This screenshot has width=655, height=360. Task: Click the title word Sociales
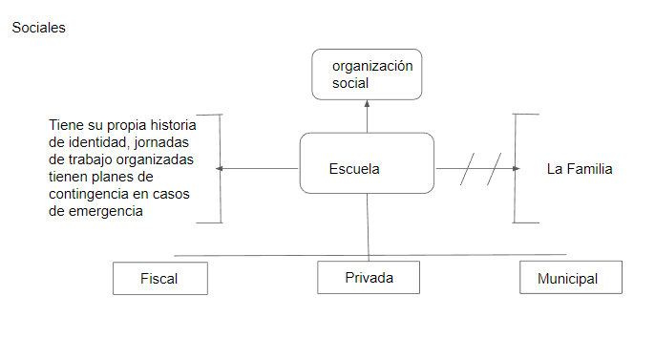point(38,28)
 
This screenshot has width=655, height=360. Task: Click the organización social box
point(367,74)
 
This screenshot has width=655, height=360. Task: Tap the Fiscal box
point(158,279)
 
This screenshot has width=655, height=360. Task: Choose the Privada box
point(369,278)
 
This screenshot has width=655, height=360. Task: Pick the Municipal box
point(570,279)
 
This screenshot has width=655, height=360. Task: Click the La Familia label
point(579,169)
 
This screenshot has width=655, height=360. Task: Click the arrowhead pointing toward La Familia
point(517,169)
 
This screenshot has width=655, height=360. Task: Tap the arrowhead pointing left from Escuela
point(222,169)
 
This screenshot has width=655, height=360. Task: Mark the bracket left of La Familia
point(517,168)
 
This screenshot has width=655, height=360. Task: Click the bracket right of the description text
point(220,168)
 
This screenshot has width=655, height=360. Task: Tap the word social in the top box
point(350,84)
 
